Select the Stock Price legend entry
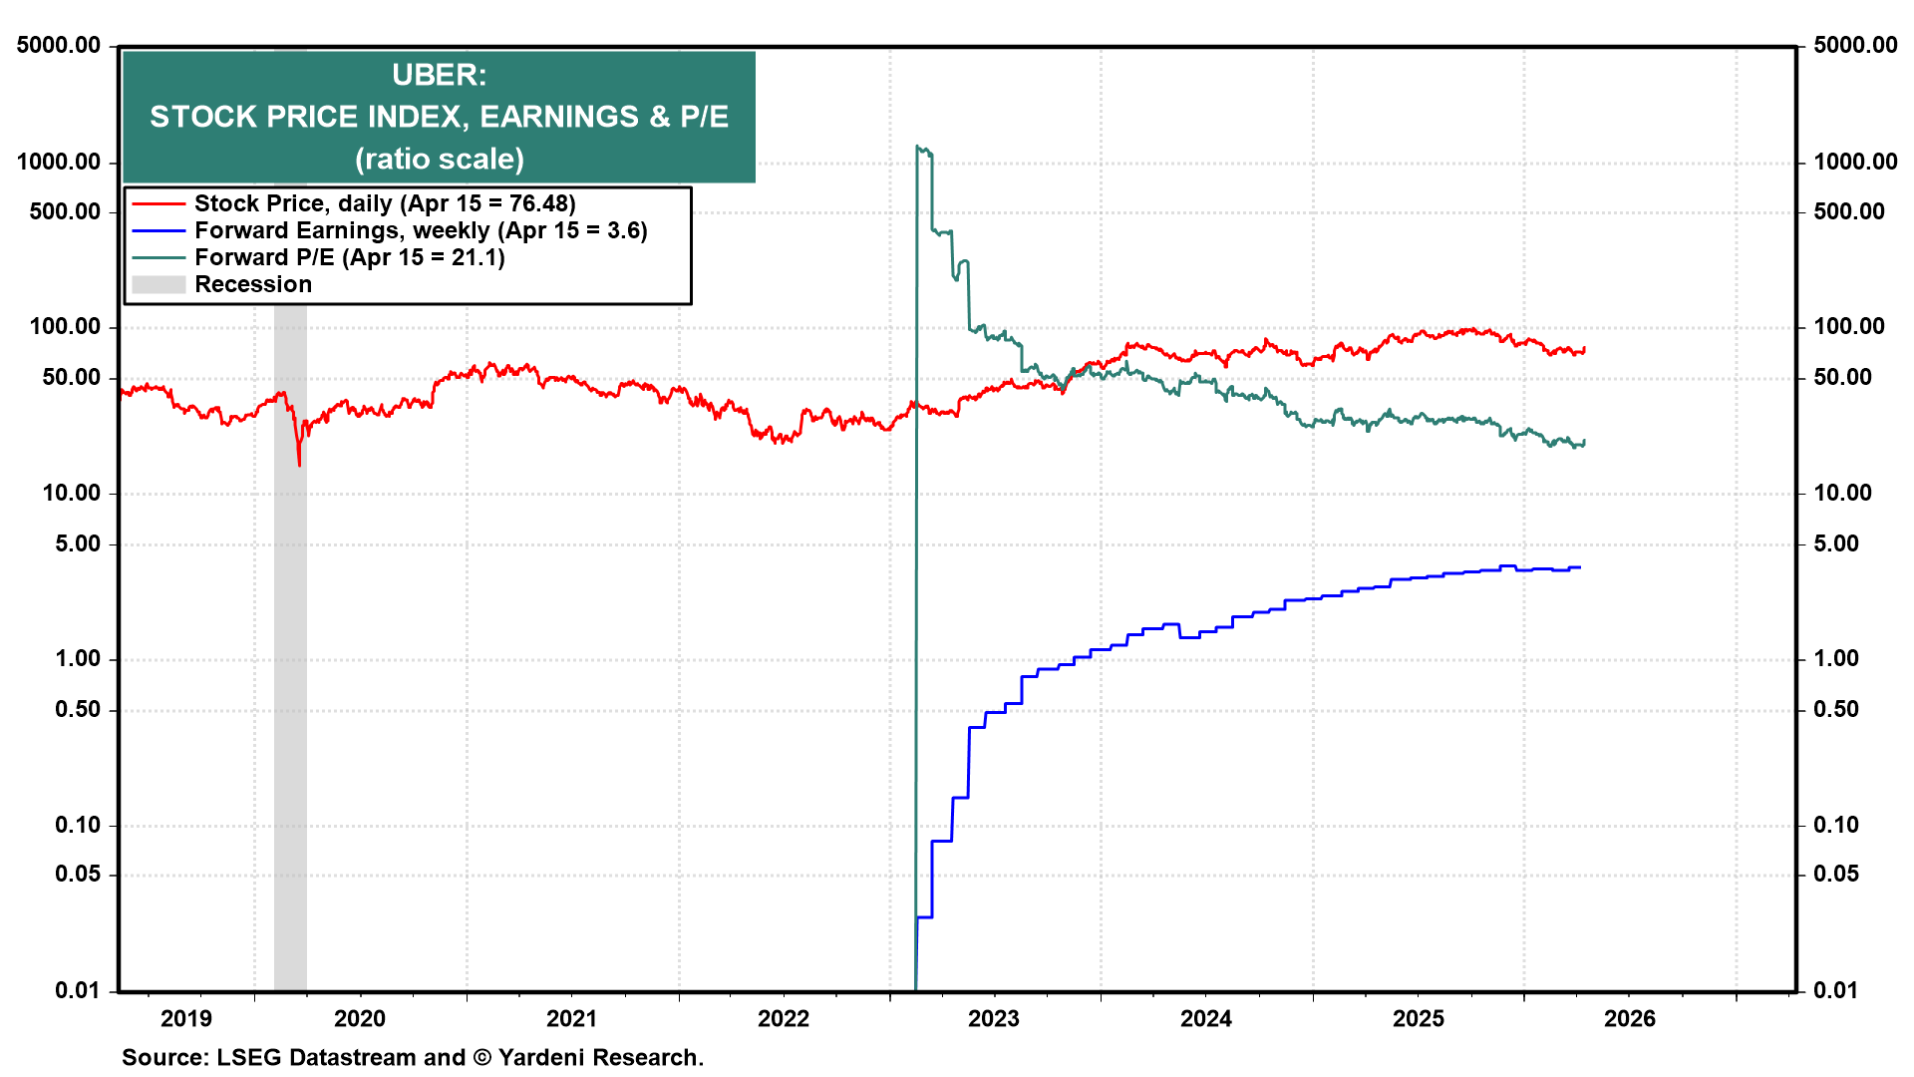tap(384, 203)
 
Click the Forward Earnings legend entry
tap(420, 230)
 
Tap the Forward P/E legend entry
tap(349, 257)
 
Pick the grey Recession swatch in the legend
tap(159, 285)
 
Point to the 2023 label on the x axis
tap(994, 1018)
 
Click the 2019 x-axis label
tap(186, 1018)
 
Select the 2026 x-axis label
tap(1629, 1018)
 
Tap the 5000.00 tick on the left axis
tap(59, 45)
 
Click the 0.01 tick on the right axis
tap(1835, 990)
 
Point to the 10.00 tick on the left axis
tap(72, 493)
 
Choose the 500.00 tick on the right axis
tap(1849, 211)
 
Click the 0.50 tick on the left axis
tap(78, 709)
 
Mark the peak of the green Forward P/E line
tap(918, 147)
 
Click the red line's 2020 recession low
tap(299, 464)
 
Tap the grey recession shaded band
tap(290, 648)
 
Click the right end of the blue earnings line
tap(1580, 567)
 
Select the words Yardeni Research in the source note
tap(599, 1057)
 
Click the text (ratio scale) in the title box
tap(439, 160)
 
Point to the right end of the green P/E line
tap(1584, 442)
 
